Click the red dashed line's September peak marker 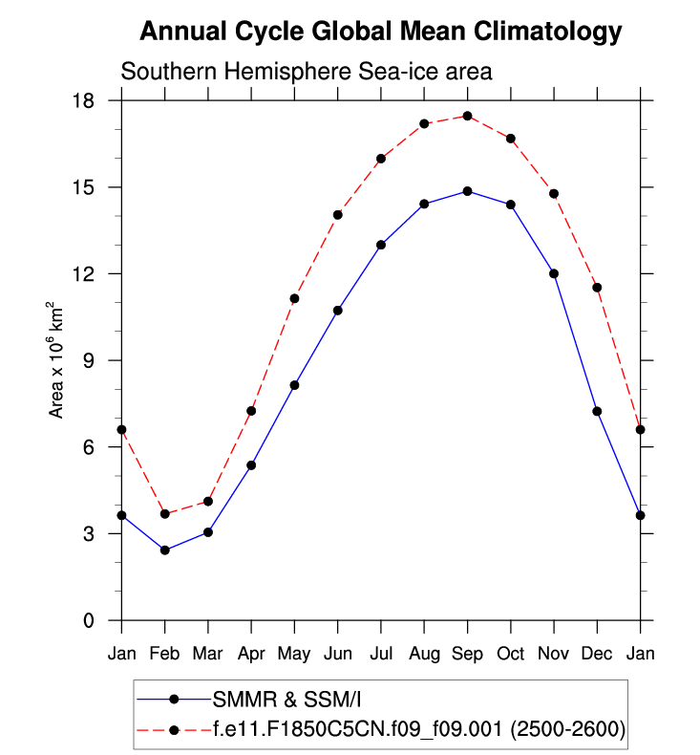(467, 116)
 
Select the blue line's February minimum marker (165, 550)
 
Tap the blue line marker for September (467, 191)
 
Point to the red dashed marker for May (294, 298)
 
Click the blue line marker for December (597, 411)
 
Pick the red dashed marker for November (554, 193)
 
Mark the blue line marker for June (337, 311)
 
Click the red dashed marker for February (165, 514)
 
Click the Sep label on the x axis (467, 654)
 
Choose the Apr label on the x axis (251, 654)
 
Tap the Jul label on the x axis (381, 654)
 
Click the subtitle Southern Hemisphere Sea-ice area (306, 73)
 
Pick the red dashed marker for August (424, 123)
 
